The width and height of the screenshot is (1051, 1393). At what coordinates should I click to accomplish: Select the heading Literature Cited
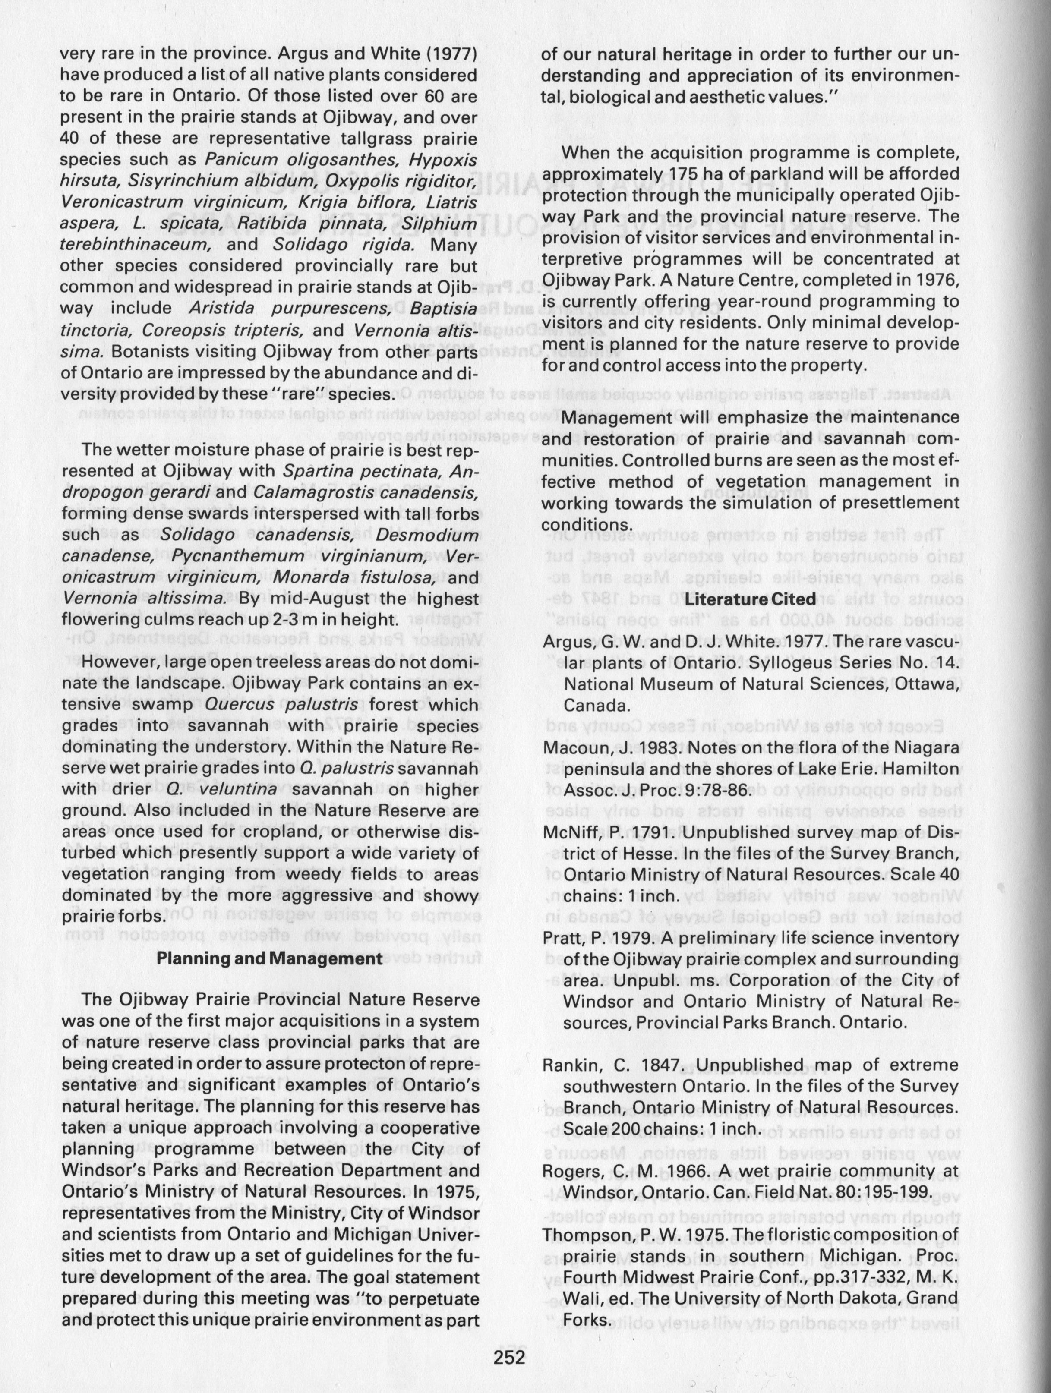coord(750,599)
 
